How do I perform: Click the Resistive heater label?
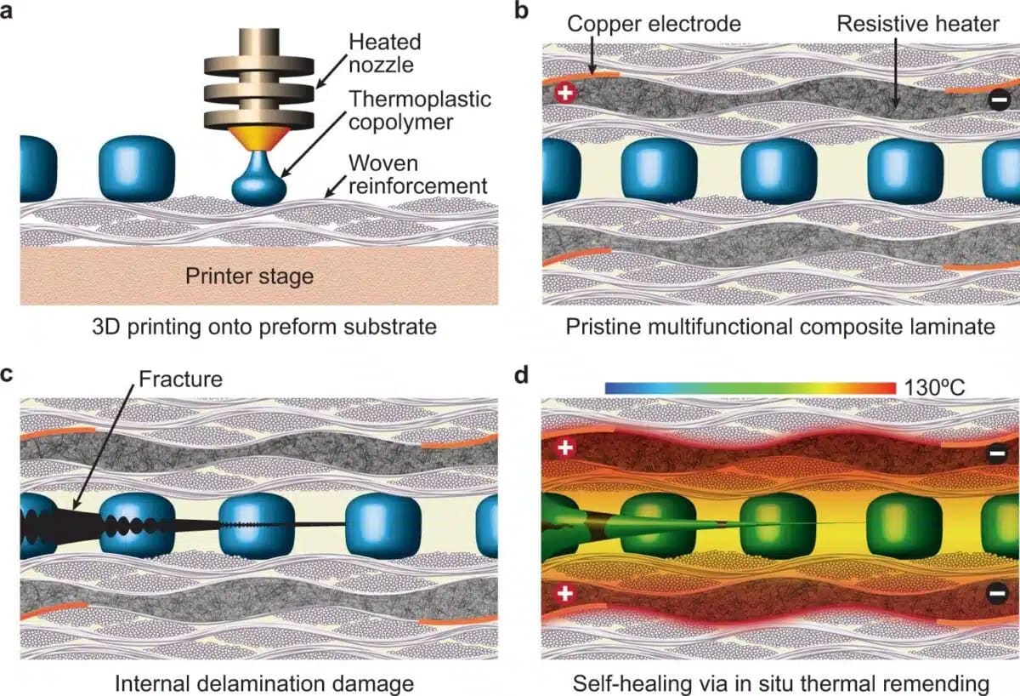coord(918,23)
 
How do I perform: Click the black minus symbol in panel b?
coord(1000,100)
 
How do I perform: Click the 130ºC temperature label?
coord(934,388)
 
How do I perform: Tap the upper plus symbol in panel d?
coord(564,448)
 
